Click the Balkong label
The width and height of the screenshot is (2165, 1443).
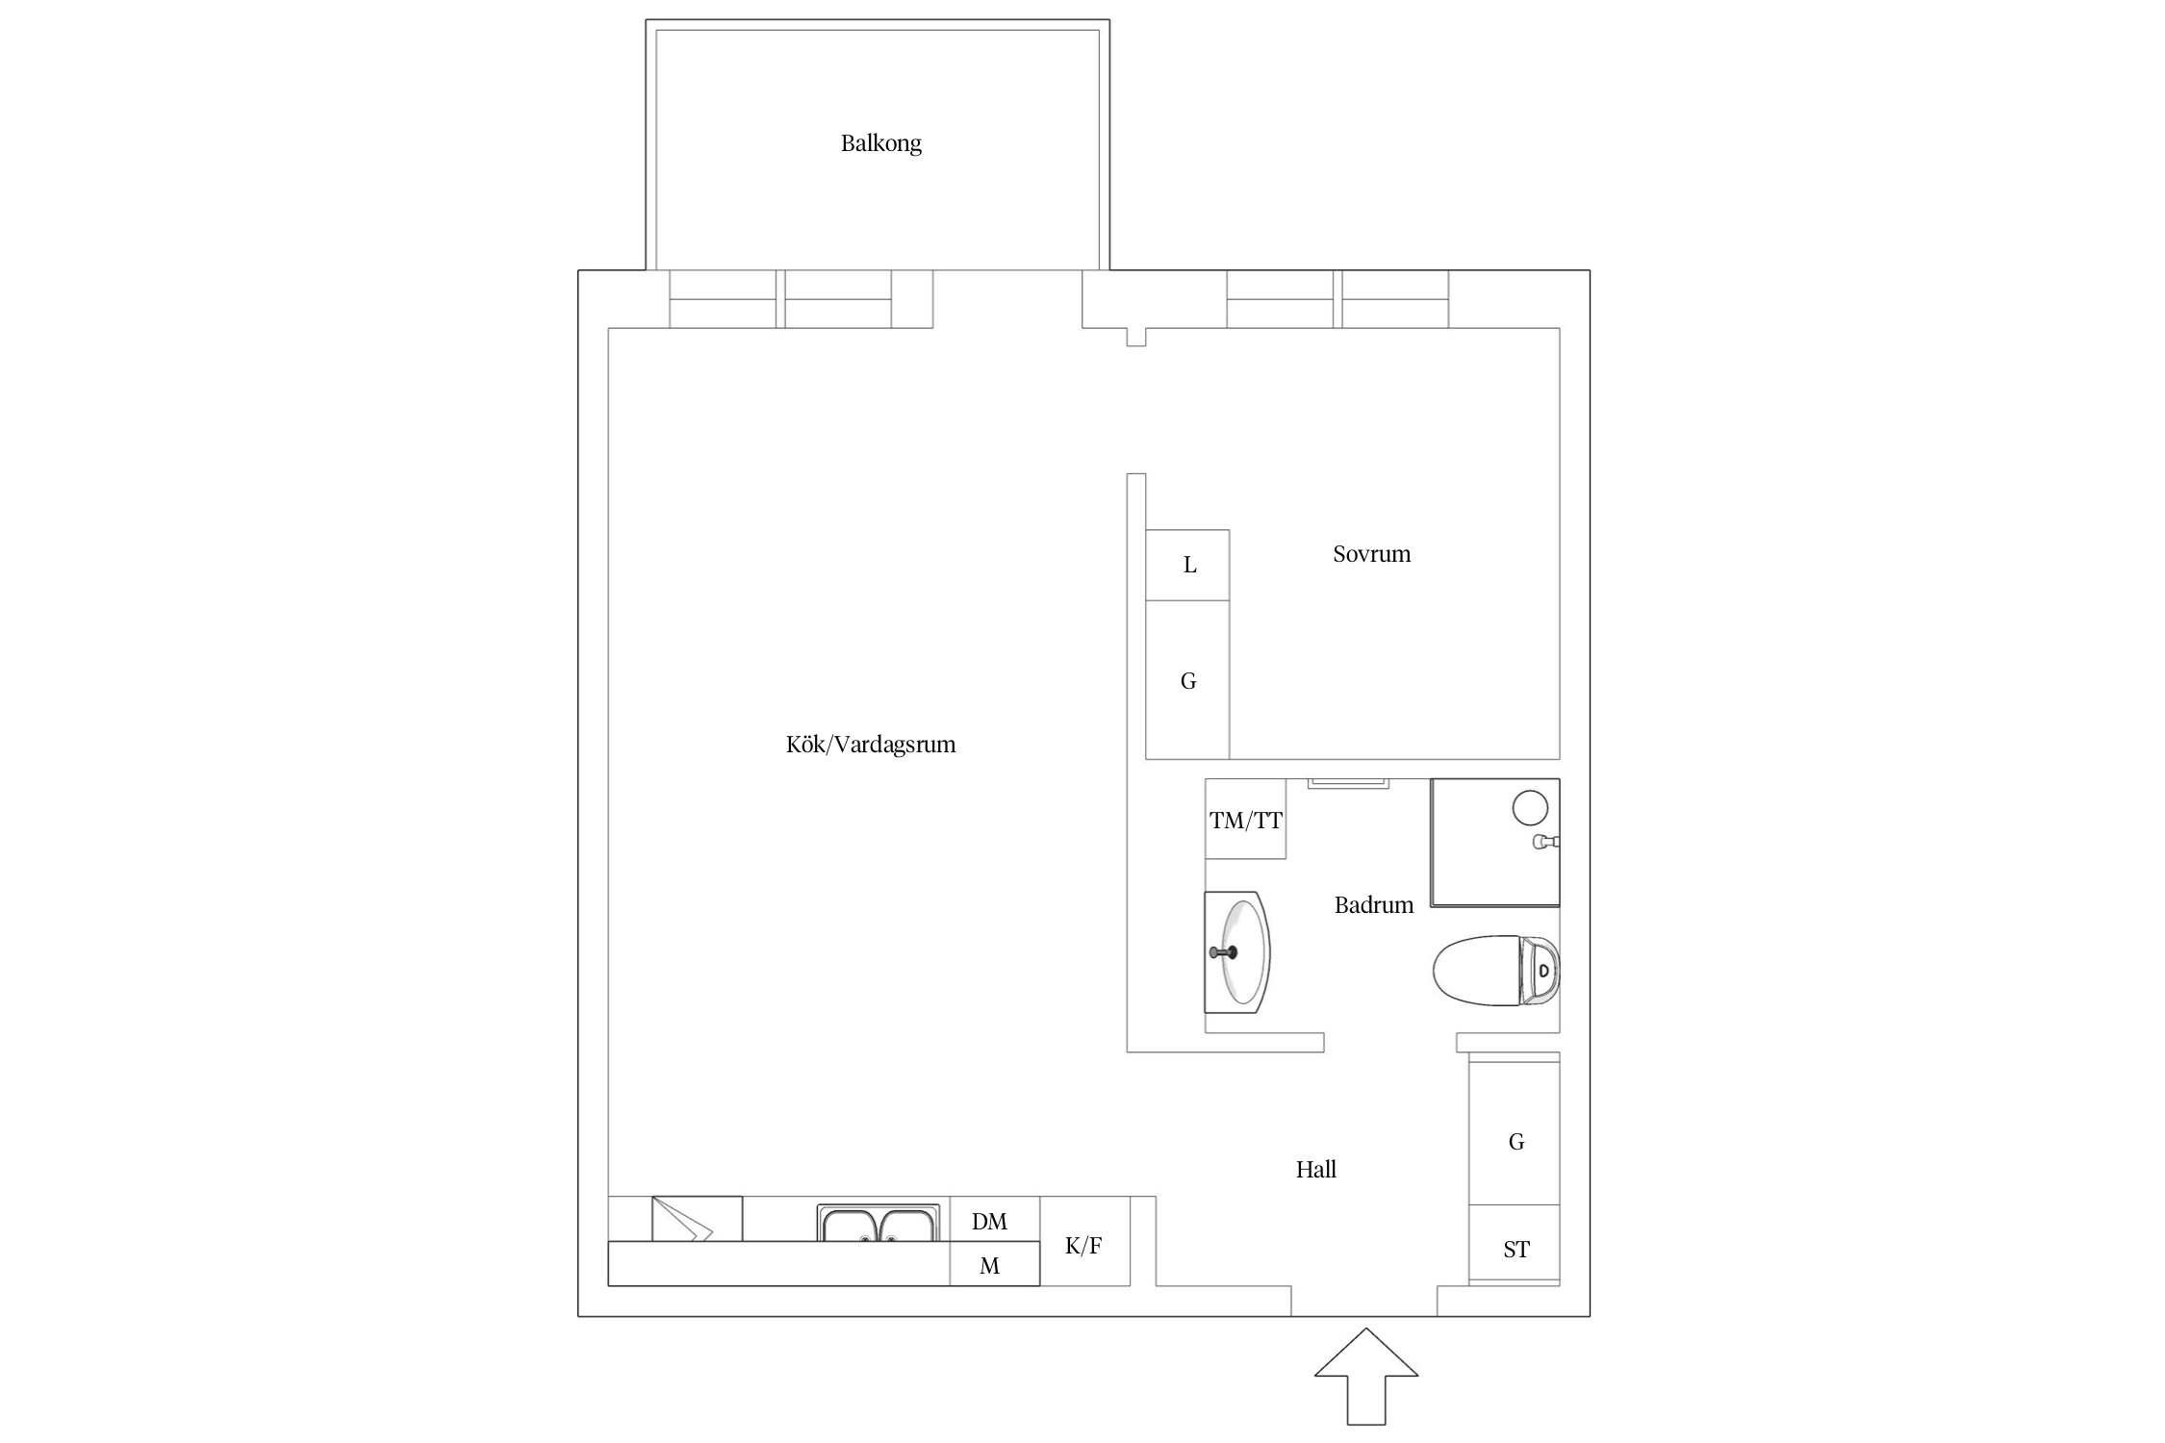click(880, 143)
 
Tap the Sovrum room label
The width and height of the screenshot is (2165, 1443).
click(1371, 554)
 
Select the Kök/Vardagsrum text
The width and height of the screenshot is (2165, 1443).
click(871, 745)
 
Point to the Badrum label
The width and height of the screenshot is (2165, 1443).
click(1373, 905)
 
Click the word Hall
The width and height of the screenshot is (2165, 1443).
click(1315, 1170)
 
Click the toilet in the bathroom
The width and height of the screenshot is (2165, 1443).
click(1495, 971)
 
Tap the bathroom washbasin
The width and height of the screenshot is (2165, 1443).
click(1237, 952)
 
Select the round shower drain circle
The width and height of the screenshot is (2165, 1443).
click(1530, 808)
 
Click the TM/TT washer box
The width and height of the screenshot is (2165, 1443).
click(1246, 819)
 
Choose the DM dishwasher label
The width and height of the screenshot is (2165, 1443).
click(989, 1222)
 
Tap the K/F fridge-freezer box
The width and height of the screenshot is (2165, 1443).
click(1084, 1241)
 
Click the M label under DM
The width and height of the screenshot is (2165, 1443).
click(989, 1266)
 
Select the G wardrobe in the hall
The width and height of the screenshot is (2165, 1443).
click(1515, 1133)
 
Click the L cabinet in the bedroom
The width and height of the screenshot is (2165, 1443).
click(1187, 566)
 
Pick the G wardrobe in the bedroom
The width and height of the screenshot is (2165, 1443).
click(1187, 680)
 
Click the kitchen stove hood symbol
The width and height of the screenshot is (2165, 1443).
click(697, 1219)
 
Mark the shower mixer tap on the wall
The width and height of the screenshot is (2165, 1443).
click(1546, 842)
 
